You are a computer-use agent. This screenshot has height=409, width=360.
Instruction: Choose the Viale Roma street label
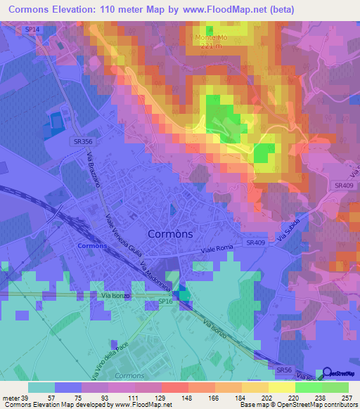click(x=217, y=249)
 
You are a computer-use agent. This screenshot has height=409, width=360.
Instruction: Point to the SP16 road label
click(x=165, y=301)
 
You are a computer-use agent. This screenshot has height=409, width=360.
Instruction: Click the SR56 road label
click(x=284, y=370)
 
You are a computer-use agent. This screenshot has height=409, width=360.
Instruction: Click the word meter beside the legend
click(x=11, y=397)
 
